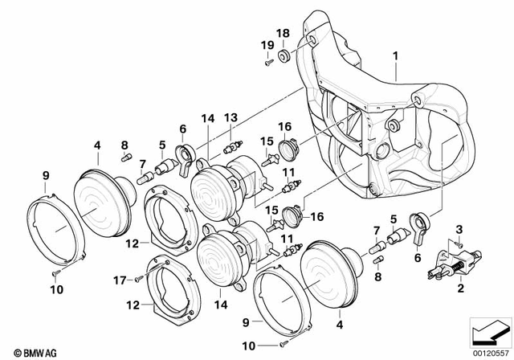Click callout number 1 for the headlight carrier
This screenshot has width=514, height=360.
point(395,55)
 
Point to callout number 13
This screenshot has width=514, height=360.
point(230,118)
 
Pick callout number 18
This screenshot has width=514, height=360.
point(283,33)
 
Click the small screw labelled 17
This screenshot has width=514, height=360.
point(138,279)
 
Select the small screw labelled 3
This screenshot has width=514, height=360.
point(458,243)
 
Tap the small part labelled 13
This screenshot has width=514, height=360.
point(233,145)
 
